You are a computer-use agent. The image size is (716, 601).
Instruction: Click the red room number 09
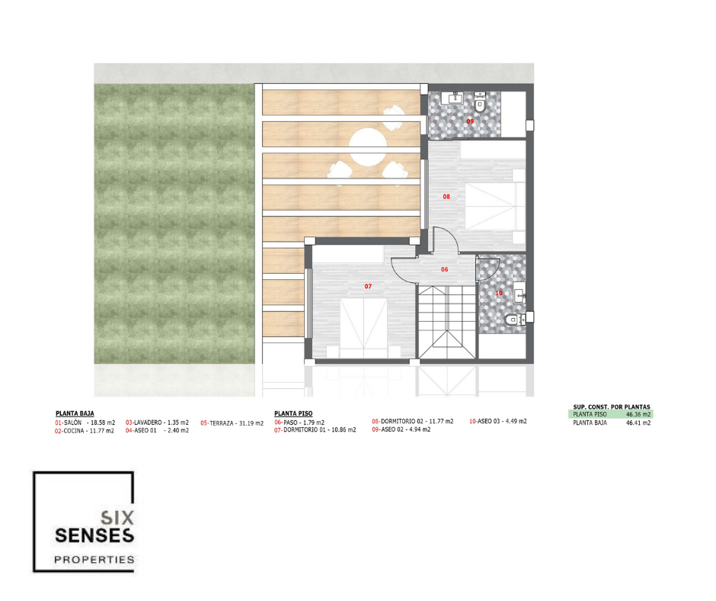click(470, 121)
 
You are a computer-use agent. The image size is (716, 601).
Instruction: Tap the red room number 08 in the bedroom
click(446, 197)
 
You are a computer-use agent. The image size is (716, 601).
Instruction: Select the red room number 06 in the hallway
click(444, 269)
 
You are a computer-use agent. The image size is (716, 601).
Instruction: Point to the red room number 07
click(368, 286)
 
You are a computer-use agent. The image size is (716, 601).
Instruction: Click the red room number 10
click(499, 293)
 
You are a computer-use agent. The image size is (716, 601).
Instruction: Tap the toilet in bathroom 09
click(479, 104)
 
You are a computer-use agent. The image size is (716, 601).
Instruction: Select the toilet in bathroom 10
click(515, 320)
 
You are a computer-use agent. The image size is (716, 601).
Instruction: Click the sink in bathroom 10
click(519, 296)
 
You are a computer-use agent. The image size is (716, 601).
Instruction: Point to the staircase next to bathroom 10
click(448, 322)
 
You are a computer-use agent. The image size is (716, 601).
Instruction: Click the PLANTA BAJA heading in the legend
click(75, 413)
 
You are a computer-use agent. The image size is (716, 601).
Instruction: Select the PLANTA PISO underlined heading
click(293, 413)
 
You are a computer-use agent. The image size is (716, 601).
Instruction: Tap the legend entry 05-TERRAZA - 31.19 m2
click(232, 423)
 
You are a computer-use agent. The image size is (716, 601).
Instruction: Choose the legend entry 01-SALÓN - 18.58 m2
click(85, 423)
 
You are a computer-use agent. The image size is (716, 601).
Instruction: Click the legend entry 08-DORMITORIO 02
click(413, 421)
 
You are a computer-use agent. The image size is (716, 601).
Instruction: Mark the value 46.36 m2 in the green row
click(638, 414)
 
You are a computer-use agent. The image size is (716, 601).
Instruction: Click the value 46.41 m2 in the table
click(638, 423)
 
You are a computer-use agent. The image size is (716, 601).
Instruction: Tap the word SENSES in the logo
click(94, 535)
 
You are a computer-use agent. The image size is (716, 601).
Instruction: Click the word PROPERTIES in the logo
click(94, 559)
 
